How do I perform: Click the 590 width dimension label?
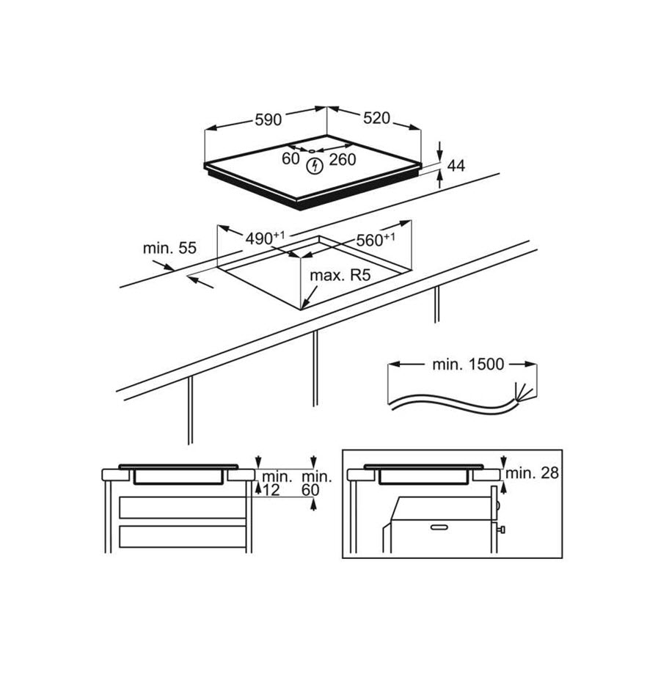(x=268, y=120)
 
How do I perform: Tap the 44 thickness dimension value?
(x=457, y=166)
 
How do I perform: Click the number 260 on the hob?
(x=342, y=159)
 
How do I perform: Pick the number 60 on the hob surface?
(x=291, y=158)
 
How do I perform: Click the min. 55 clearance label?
(x=169, y=248)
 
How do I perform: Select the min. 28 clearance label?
(x=533, y=473)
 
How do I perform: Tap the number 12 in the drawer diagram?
(x=271, y=490)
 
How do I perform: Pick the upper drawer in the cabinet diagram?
(x=181, y=507)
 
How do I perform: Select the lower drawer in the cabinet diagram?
(x=181, y=540)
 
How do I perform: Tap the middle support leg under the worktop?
(x=315, y=367)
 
